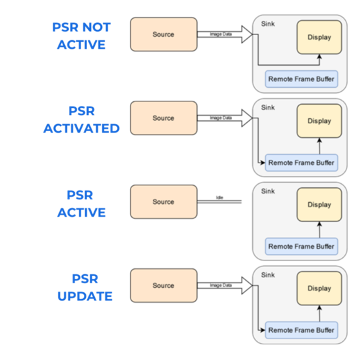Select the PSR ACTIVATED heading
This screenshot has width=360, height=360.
pos(81,120)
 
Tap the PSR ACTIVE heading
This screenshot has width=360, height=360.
pos(81,204)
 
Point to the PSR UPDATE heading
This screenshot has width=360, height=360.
pos(84,287)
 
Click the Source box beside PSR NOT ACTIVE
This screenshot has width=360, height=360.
pos(164,34)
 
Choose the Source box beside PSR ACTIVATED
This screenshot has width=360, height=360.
pos(164,118)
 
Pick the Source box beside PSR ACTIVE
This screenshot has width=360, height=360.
pos(164,202)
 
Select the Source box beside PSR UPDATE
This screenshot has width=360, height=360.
pos(164,285)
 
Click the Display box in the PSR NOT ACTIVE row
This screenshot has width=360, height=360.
pos(319,38)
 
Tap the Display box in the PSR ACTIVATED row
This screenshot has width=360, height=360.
pos(319,121)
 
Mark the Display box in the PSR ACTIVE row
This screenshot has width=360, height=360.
pos(319,205)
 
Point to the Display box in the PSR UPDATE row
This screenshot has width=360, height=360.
pos(319,289)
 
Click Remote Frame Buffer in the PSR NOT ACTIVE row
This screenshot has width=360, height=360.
pos(302,79)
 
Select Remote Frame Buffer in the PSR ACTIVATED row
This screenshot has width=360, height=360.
pos(302,163)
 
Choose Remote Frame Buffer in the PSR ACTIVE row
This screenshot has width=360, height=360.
pos(302,247)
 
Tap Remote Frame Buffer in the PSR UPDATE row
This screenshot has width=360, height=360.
pos(302,330)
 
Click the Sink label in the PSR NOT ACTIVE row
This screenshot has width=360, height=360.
pos(268,24)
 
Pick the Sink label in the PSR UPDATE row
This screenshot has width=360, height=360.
pos(268,275)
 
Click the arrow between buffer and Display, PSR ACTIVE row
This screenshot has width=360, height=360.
pos(319,229)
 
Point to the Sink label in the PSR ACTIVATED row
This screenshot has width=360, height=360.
pos(268,107)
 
